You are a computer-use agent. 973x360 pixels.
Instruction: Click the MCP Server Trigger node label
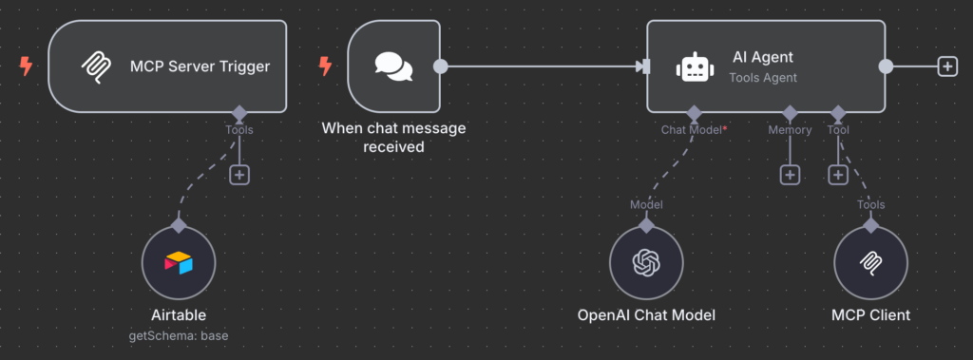200,66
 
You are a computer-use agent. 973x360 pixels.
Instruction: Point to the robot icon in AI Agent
693,67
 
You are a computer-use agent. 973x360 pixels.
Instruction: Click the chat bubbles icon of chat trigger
393,66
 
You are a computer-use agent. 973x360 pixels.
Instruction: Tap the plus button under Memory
790,175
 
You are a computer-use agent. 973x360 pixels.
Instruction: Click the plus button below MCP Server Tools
239,175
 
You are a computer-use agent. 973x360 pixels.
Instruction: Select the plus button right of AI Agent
946,66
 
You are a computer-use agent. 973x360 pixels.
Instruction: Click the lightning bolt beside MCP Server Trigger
26,66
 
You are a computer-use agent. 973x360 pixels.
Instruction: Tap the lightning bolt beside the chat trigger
326,66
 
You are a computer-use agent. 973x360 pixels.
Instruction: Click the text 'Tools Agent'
763,78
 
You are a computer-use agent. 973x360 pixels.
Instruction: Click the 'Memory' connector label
790,130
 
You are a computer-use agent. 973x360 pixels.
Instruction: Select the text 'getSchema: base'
179,335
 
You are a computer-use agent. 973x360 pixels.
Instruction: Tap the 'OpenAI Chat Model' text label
646,315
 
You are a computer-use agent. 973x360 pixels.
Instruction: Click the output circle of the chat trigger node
440,66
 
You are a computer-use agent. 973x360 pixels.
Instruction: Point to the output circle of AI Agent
886,66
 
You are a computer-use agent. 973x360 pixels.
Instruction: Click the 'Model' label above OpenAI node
646,204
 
